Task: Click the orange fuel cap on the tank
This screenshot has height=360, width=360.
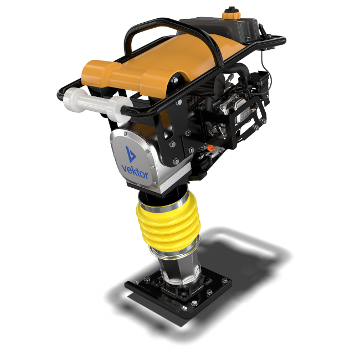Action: (x=231, y=13)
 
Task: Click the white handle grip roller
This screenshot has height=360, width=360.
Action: (x=96, y=104)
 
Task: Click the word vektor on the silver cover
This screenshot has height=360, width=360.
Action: (x=135, y=172)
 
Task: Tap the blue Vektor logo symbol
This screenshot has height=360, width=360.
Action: (x=130, y=154)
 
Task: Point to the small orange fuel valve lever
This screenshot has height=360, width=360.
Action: (x=210, y=148)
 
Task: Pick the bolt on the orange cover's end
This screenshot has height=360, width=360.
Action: (x=174, y=80)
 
